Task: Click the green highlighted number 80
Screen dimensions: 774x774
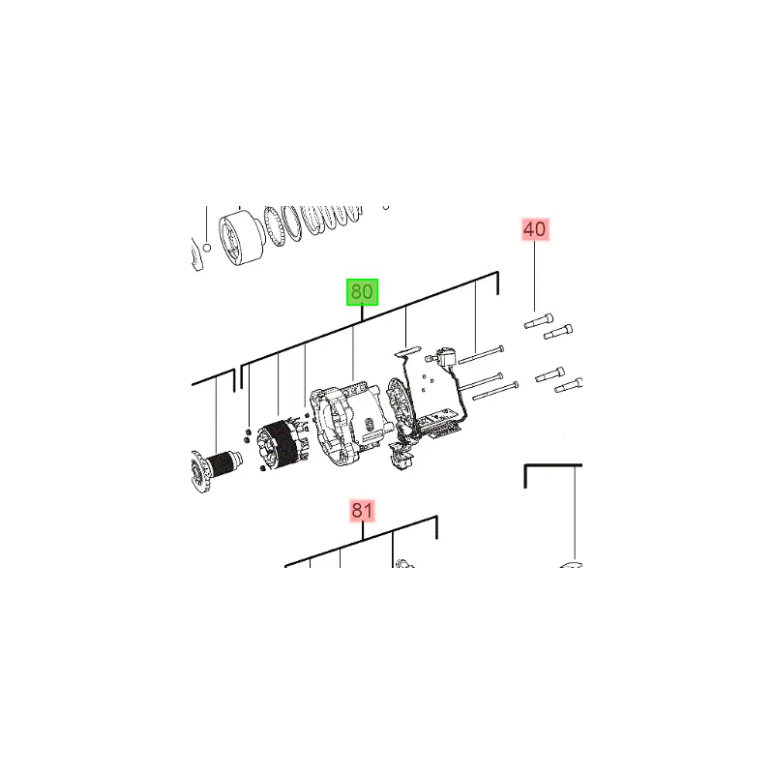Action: (x=362, y=292)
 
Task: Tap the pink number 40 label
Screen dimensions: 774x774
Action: (x=535, y=229)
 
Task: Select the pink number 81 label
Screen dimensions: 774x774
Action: (x=362, y=511)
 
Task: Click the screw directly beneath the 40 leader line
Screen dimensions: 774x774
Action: (x=538, y=321)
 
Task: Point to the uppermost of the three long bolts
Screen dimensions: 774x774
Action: (x=481, y=355)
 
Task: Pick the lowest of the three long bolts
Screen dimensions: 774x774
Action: (x=495, y=391)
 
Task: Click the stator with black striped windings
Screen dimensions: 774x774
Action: (x=283, y=445)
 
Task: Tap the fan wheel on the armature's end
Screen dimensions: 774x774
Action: (x=198, y=471)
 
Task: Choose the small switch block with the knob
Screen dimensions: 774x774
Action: (x=442, y=357)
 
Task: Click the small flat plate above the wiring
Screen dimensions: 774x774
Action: (x=406, y=351)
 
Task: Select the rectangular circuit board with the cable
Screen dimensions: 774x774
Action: (x=438, y=424)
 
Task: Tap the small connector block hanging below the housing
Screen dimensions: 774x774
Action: (x=402, y=457)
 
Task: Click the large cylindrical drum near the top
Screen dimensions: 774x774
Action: (x=242, y=238)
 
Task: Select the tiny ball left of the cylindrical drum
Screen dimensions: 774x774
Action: (x=207, y=247)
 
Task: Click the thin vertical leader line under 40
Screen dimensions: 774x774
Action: (x=535, y=277)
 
